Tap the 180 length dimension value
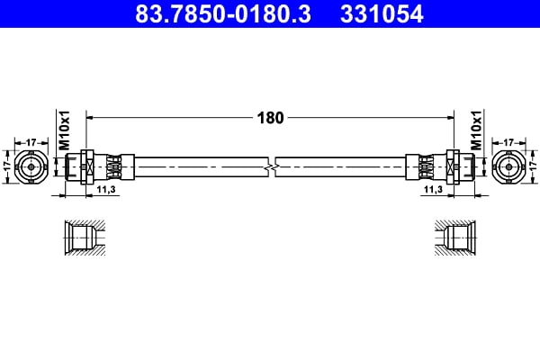(x=271, y=117)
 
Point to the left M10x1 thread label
(x=64, y=132)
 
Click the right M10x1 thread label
(x=476, y=132)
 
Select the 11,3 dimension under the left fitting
(x=106, y=190)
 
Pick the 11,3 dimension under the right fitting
(x=432, y=190)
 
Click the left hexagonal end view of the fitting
(x=32, y=166)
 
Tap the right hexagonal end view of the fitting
(x=508, y=166)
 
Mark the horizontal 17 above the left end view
(x=31, y=141)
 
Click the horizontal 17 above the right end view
(x=508, y=141)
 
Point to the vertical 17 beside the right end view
(x=532, y=166)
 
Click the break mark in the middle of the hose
(x=271, y=166)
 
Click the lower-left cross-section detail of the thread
(x=83, y=238)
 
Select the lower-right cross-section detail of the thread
(x=456, y=238)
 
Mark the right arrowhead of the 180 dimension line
(x=448, y=117)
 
